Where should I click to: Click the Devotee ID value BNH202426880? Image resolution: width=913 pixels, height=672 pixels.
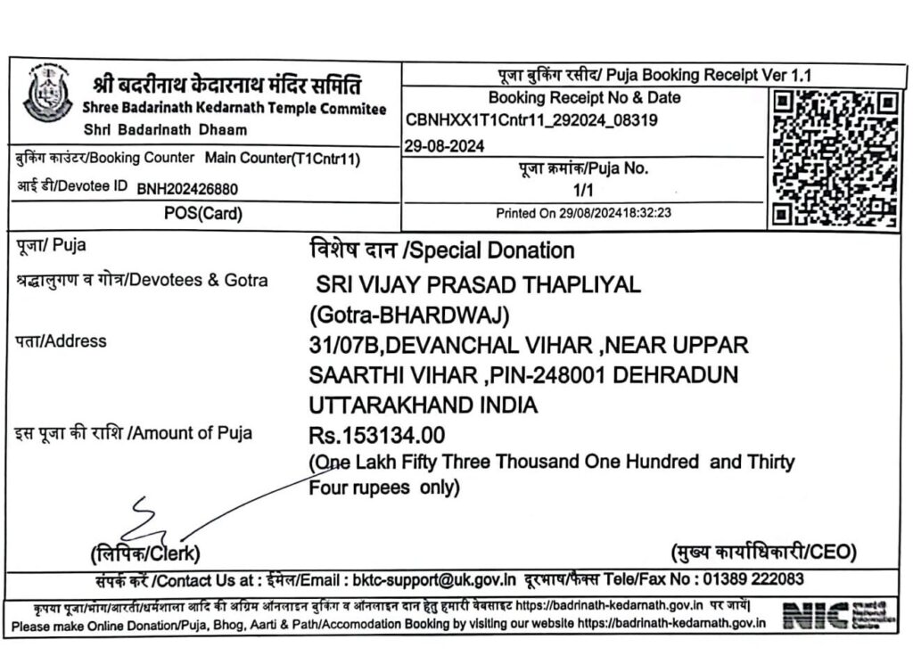coord(187,188)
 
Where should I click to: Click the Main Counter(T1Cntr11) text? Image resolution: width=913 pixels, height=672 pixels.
coord(282,158)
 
